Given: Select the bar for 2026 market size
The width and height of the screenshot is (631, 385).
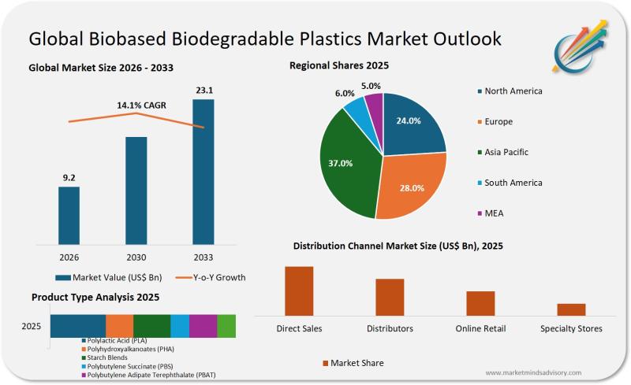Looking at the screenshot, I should (x=69, y=215).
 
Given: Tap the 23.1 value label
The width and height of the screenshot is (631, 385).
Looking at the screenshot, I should (x=203, y=91).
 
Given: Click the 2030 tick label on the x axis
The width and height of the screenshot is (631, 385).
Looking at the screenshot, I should (x=136, y=257).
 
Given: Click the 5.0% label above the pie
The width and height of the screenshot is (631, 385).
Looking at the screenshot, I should (x=371, y=86).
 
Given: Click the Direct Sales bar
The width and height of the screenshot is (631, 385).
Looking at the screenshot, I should (x=299, y=291).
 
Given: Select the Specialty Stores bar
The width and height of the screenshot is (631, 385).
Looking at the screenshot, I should (x=571, y=309).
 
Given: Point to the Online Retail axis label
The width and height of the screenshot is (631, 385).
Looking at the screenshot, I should (x=480, y=328).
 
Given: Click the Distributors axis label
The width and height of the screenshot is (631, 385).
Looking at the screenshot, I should (x=390, y=328).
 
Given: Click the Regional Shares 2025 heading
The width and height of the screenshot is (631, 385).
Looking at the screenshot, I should (x=339, y=65).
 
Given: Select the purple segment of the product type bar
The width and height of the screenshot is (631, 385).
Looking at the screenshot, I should (x=203, y=326).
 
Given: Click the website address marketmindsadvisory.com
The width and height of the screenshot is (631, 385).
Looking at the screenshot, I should (x=533, y=372).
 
